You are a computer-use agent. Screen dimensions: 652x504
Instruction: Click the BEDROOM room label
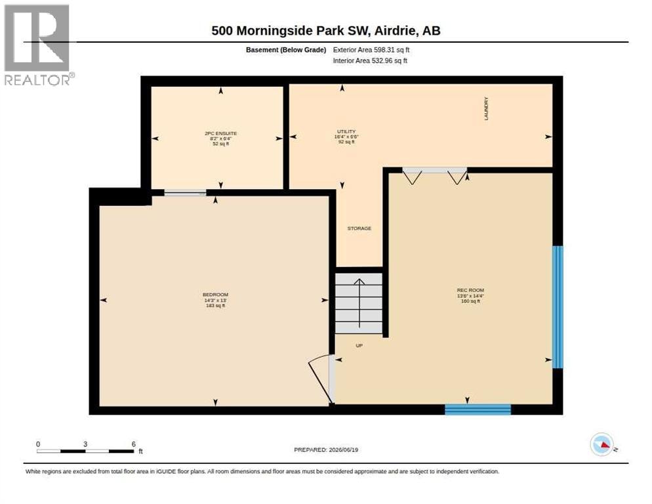pos(215,295)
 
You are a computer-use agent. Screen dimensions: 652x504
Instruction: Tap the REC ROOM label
pos(470,290)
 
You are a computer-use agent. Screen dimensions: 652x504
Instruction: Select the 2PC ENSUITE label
pos(221,133)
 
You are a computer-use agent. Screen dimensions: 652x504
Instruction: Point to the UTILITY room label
pos(346,131)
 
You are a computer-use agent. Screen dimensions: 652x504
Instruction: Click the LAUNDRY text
pos(486,109)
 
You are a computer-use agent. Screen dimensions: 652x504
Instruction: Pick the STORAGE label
pos(359,228)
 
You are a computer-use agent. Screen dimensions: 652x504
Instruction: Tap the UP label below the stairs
pos(359,345)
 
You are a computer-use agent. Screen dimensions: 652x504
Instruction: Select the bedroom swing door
pos(321,379)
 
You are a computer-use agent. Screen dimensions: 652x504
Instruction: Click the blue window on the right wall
pos(558,307)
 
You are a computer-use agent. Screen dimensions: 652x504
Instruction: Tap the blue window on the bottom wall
pos(478,409)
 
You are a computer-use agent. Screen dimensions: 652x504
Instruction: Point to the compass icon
pos(602,444)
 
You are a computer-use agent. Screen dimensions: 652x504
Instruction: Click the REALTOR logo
pos(38,45)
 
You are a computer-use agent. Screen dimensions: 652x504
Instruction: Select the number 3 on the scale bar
pos(85,444)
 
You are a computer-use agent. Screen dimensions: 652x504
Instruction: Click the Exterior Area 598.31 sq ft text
pos(371,49)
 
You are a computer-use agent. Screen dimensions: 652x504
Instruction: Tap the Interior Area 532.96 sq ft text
pos(370,61)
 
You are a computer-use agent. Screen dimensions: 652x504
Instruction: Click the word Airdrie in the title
pos(396,31)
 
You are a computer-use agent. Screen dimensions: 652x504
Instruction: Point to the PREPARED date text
pos(326,450)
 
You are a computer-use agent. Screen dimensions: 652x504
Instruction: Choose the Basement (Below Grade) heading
pos(286,50)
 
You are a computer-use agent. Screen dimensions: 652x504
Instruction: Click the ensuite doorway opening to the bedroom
pos(186,193)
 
